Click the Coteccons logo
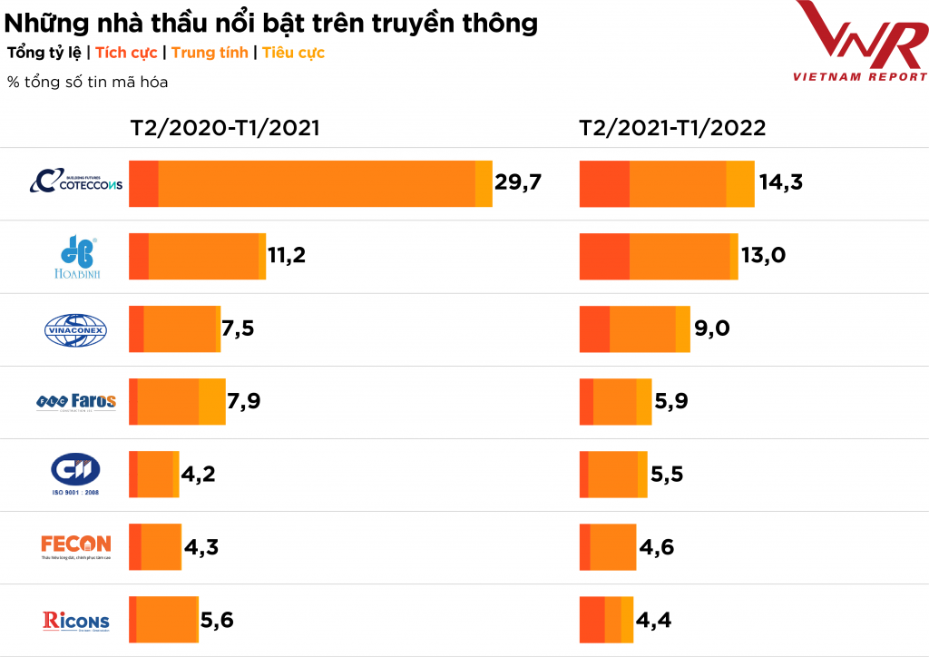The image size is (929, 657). (x=76, y=181)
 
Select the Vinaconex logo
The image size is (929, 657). (x=76, y=329)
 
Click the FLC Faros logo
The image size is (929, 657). (x=76, y=400)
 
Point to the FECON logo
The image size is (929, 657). (x=76, y=546)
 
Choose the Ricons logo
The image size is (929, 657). (x=76, y=621)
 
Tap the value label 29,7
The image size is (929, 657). (x=518, y=182)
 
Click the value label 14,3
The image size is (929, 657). (x=781, y=182)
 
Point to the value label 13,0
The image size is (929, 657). (x=764, y=256)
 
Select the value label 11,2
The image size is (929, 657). (x=284, y=256)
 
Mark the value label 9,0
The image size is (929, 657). (x=712, y=328)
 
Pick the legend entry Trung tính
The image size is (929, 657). (x=210, y=53)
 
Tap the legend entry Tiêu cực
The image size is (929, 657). (x=293, y=53)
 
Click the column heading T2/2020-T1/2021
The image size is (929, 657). (x=225, y=128)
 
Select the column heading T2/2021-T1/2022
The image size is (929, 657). (x=672, y=128)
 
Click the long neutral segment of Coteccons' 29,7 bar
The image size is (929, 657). (x=316, y=183)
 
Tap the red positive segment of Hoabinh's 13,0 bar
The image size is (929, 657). (x=604, y=256)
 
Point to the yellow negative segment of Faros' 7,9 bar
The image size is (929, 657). (x=211, y=401)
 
